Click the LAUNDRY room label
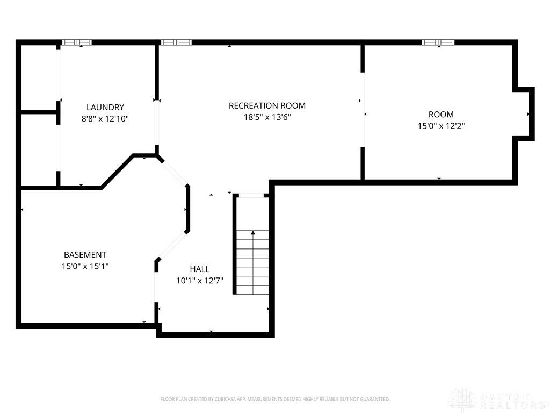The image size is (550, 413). (x=105, y=108)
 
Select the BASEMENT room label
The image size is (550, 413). (x=85, y=255)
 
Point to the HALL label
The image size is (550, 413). (x=200, y=269)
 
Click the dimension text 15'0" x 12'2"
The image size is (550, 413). (x=441, y=126)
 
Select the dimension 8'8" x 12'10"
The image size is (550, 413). (x=105, y=119)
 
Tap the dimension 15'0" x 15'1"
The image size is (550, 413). (x=85, y=266)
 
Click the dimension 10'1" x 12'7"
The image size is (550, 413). (x=200, y=281)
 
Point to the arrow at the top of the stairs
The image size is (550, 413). (x=252, y=233)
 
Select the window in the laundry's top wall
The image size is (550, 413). (x=77, y=42)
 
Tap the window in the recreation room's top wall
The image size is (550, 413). (x=176, y=42)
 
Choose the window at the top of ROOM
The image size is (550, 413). (x=438, y=42)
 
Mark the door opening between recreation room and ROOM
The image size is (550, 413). (x=363, y=110)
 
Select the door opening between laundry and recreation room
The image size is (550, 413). (x=157, y=123)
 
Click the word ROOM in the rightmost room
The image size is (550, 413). (x=441, y=115)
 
